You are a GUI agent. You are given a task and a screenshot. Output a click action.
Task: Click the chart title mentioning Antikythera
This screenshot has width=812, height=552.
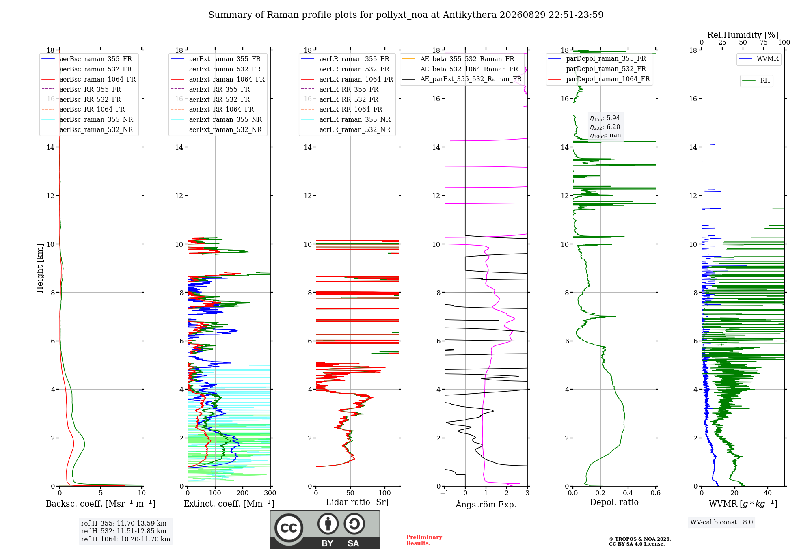406,15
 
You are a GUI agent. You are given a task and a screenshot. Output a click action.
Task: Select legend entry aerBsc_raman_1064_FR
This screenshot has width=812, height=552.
89,79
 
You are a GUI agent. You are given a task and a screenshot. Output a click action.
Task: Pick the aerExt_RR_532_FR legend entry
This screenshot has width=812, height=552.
210,99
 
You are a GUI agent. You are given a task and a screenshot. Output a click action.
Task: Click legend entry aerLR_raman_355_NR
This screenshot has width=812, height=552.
346,119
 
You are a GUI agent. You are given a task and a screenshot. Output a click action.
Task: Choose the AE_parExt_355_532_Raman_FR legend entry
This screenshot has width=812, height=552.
462,79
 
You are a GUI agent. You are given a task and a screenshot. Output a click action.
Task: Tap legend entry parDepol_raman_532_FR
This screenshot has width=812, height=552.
597,69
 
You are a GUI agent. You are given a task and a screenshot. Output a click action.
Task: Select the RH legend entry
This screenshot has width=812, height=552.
756,81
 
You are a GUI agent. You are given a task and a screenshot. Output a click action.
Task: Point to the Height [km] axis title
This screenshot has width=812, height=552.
40,268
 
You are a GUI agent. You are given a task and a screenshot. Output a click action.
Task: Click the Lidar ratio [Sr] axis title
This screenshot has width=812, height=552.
357,502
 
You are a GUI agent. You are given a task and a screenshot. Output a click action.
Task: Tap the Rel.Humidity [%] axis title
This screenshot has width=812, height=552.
743,35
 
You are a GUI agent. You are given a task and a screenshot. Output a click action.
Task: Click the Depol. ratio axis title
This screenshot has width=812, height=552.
614,502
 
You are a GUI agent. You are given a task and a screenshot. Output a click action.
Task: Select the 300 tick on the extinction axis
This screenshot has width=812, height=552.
270,493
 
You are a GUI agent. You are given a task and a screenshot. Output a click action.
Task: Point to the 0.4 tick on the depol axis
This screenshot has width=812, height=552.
628,493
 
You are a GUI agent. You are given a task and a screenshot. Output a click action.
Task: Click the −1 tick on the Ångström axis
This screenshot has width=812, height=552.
445,493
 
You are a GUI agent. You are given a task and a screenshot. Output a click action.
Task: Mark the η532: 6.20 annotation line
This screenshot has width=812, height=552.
605,127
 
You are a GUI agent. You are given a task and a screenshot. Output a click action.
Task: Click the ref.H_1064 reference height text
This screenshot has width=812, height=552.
125,539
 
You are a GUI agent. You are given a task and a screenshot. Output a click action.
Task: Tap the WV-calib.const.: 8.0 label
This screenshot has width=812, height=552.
721,522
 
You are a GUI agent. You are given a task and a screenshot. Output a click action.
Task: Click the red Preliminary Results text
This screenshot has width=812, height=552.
424,540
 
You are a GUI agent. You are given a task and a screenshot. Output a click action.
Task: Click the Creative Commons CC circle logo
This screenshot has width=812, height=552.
289,528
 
